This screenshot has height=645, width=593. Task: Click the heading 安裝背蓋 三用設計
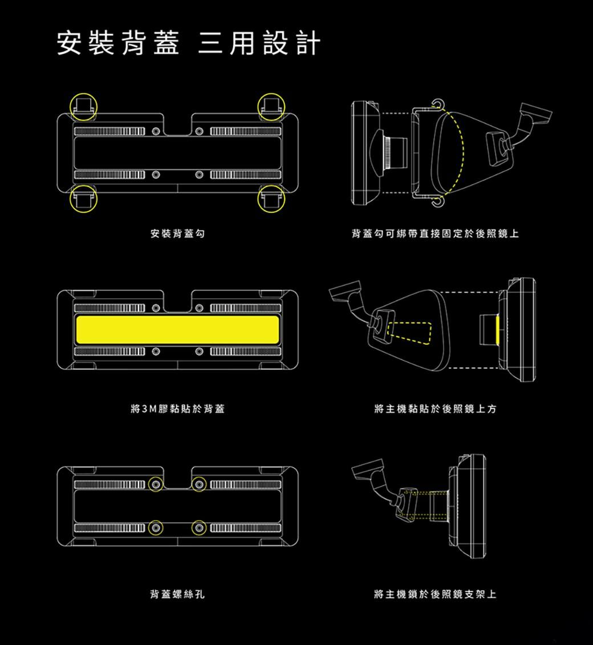[x=188, y=44]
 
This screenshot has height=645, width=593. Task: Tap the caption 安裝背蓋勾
[x=177, y=234]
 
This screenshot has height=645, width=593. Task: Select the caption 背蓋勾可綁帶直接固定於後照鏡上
[x=436, y=234]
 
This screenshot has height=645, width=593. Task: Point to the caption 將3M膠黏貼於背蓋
[x=177, y=409]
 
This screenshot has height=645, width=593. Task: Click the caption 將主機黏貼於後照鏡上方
[x=436, y=409]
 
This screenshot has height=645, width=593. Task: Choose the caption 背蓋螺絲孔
[x=177, y=595]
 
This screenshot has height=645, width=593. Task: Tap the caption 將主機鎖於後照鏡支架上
[x=436, y=595]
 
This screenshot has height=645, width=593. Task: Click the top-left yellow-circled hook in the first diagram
[x=83, y=107]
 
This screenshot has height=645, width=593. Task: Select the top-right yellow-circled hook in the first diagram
[x=271, y=107]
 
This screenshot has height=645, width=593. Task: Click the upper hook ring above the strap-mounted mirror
[x=437, y=104]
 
